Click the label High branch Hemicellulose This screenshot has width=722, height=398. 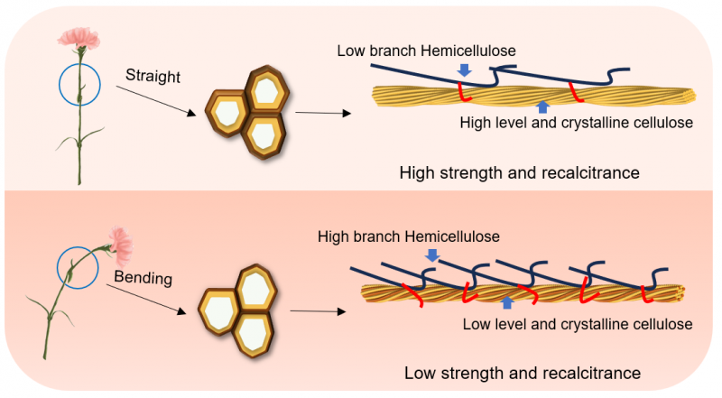pyautogui.click(x=407, y=236)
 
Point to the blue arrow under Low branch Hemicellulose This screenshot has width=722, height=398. pyautogui.click(x=465, y=69)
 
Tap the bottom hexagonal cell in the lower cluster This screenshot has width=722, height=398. pyautogui.click(x=254, y=334)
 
